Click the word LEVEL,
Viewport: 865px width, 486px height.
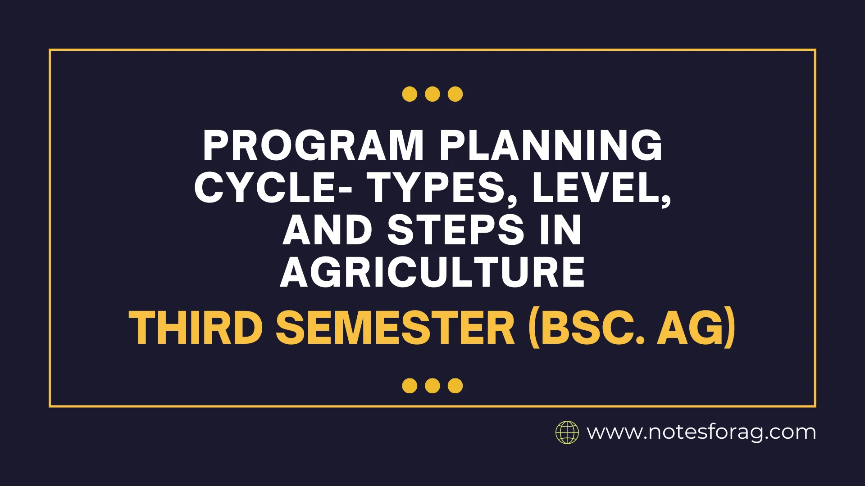click(x=601, y=188)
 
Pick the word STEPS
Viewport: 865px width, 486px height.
click(x=455, y=230)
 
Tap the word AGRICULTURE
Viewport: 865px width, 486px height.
click(x=432, y=272)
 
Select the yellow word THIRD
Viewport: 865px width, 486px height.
click(x=196, y=328)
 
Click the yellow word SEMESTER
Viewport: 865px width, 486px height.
click(x=395, y=328)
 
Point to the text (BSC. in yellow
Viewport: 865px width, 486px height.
click(x=587, y=328)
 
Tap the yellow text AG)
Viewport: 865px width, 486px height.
click(x=696, y=328)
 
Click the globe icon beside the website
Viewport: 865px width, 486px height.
click(x=567, y=432)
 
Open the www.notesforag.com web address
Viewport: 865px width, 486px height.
click(x=701, y=432)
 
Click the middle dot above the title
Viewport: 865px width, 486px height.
click(x=432, y=94)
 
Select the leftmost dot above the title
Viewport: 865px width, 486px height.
click(x=410, y=94)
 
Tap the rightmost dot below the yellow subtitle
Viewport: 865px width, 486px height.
click(x=455, y=386)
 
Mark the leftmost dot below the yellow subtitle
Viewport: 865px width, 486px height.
click(x=410, y=386)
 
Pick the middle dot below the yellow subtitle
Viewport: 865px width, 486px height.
click(x=432, y=386)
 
